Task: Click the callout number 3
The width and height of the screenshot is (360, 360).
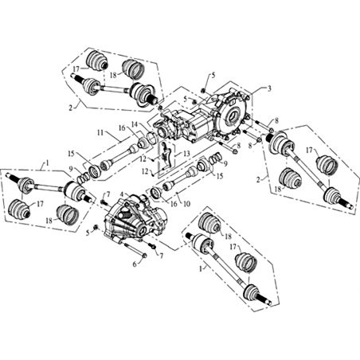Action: [269, 89]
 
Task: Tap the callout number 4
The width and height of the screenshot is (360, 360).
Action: [122, 194]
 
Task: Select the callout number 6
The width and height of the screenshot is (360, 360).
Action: [135, 264]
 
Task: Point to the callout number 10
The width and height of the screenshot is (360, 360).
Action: [187, 204]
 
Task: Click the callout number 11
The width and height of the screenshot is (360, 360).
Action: [100, 132]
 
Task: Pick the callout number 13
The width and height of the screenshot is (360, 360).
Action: [187, 154]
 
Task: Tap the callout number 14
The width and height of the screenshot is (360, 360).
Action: [135, 124]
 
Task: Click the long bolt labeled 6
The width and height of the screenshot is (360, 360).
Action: [135, 250]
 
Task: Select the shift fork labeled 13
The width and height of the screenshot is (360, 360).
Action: [166, 156]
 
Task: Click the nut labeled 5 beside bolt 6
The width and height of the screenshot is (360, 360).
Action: [96, 227]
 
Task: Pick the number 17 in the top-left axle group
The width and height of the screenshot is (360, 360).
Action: [76, 68]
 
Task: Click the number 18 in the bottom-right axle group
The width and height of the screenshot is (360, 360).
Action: [229, 237]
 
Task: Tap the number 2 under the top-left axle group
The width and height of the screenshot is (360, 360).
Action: [70, 108]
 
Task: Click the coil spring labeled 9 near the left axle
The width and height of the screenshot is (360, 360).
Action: [83, 177]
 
